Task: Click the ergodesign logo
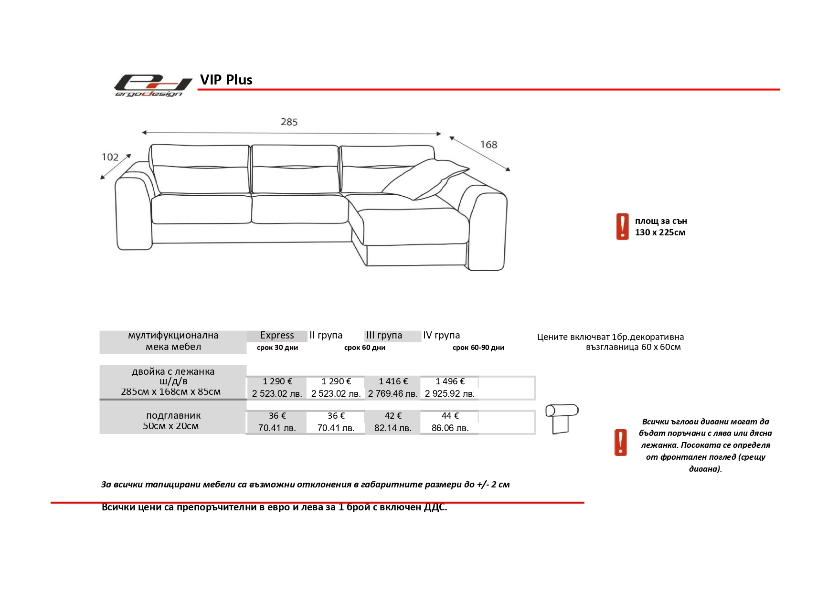[x=152, y=85]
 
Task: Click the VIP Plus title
[x=226, y=80]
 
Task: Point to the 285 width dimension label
[x=289, y=122]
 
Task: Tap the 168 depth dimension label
[x=488, y=145]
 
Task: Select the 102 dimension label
[x=110, y=157]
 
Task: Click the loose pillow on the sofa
[x=425, y=179]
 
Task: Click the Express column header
[x=277, y=336]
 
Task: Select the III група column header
[x=384, y=336]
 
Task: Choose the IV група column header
[x=441, y=336]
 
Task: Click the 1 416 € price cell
[x=393, y=381]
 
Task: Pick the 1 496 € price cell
[x=450, y=381]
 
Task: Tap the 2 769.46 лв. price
[x=392, y=394]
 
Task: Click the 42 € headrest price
[x=393, y=416]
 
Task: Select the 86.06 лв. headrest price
[x=450, y=428]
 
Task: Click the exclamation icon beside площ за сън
[x=622, y=226]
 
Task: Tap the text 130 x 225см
[x=660, y=233]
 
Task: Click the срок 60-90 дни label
[x=478, y=348]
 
